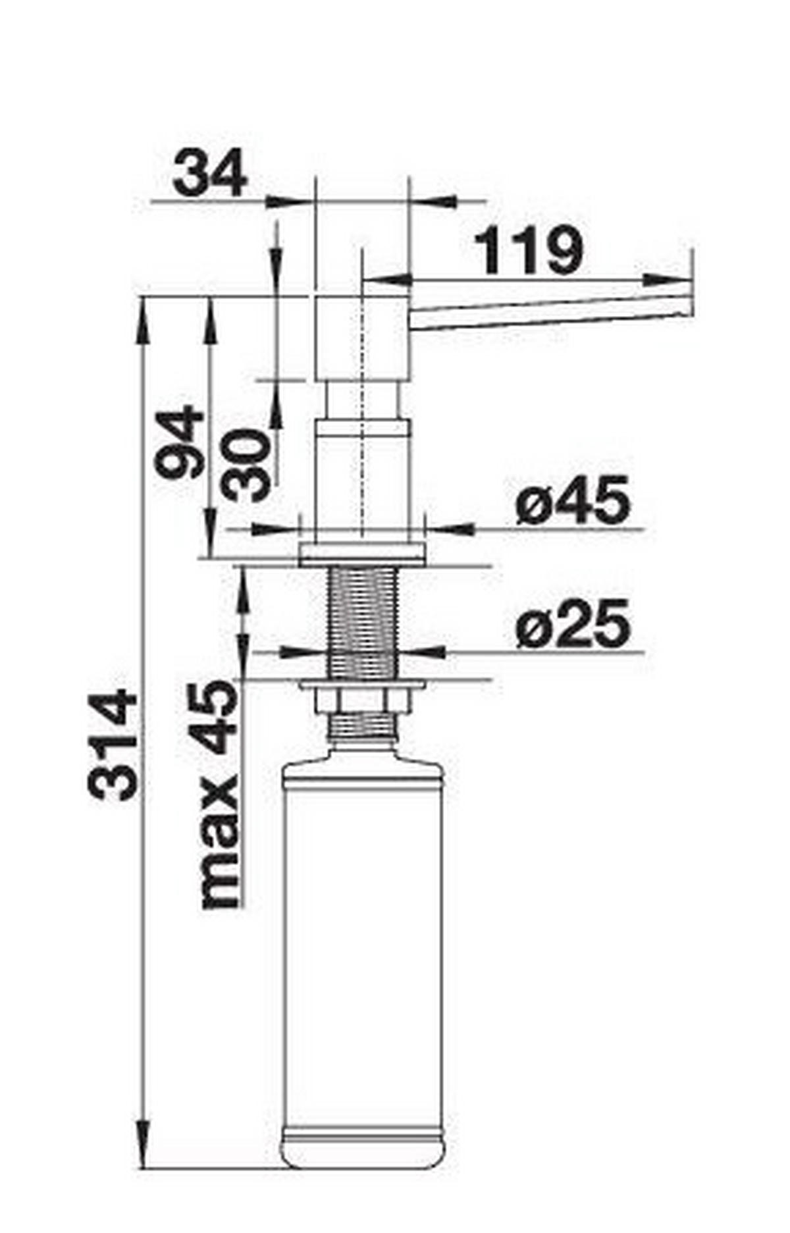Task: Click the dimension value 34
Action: tap(209, 172)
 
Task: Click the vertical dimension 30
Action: tap(246, 464)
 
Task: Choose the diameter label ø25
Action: tap(572, 623)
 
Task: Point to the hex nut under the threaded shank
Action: tap(363, 698)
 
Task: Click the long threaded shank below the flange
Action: tap(363, 622)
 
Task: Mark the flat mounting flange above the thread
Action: tap(363, 554)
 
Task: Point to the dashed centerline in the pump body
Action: tap(363, 421)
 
